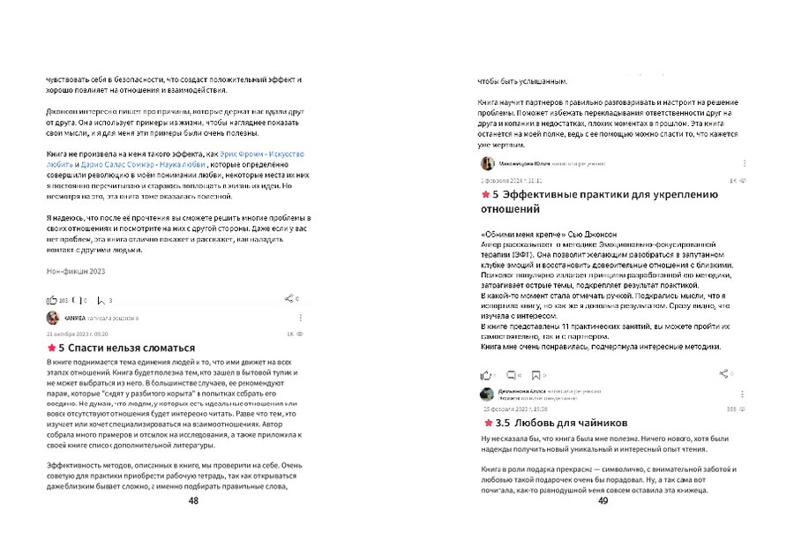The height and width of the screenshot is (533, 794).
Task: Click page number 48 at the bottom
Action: tap(193, 500)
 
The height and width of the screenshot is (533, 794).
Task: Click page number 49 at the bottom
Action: tap(603, 500)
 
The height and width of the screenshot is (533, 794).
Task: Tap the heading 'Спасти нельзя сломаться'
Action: tap(126, 349)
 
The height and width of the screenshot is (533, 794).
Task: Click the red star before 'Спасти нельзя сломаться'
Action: tap(50, 349)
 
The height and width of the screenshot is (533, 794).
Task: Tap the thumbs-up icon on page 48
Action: tap(50, 300)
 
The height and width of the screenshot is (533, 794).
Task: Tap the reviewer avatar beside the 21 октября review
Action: tap(53, 317)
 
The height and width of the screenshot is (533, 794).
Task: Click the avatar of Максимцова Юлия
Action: tap(487, 163)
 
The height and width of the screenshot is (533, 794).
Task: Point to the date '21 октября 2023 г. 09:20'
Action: tap(77, 334)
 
